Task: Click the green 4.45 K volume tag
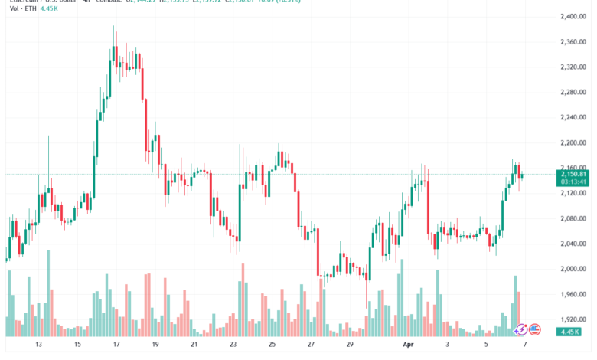(x=569, y=331)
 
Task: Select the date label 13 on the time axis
(x=38, y=345)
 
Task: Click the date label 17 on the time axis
(x=116, y=345)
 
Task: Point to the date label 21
(x=194, y=345)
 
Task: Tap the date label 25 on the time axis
(x=272, y=345)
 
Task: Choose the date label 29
(x=349, y=345)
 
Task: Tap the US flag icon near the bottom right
(x=535, y=329)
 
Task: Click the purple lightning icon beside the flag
(x=521, y=329)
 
